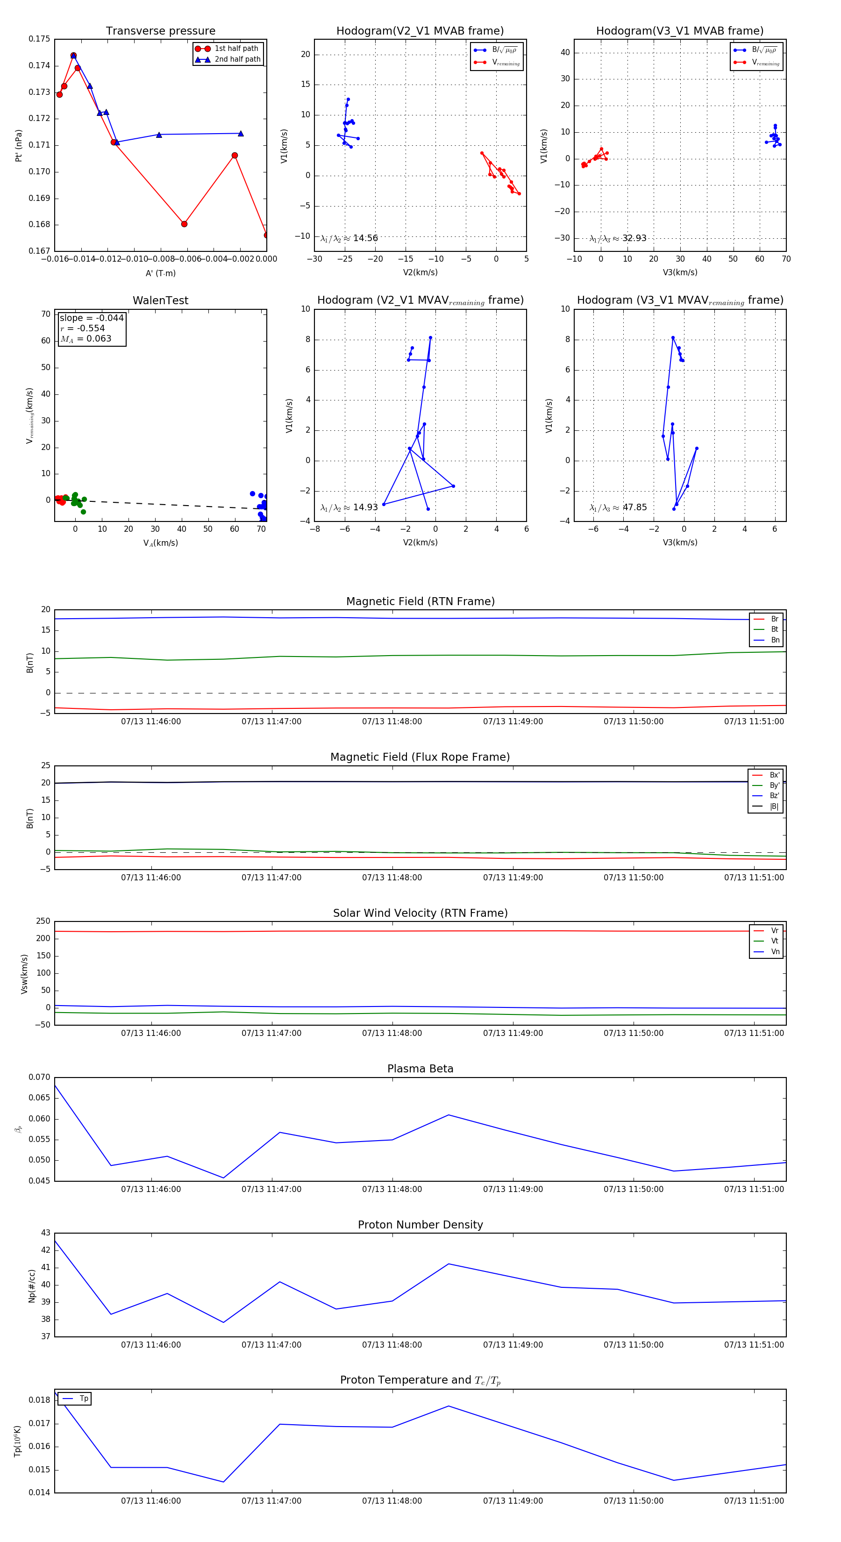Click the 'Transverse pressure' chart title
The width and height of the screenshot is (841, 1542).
coord(160,31)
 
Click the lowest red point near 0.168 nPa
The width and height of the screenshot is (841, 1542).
coord(185,224)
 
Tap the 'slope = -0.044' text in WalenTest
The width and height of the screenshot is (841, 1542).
coord(92,318)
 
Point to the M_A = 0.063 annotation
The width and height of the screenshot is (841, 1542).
coord(86,339)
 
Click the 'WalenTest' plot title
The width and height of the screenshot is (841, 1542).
coord(160,300)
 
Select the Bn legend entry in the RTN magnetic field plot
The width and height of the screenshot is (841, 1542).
coord(775,640)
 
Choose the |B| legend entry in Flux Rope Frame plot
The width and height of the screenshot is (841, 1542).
coord(773,807)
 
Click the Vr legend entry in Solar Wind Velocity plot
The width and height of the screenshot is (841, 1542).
coord(774,931)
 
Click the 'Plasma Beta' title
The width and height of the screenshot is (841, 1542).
coord(420,1069)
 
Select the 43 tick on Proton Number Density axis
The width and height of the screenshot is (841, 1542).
coord(45,1233)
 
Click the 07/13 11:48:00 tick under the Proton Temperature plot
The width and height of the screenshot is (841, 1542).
coord(392,1501)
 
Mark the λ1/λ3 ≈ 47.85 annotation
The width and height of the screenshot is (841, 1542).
coord(618,507)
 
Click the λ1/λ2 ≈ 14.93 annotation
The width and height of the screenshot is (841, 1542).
coord(349,507)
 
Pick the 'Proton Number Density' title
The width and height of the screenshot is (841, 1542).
coord(420,1225)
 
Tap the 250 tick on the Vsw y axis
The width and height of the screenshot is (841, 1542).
coord(43,921)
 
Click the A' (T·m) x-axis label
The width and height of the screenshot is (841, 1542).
coord(160,273)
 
